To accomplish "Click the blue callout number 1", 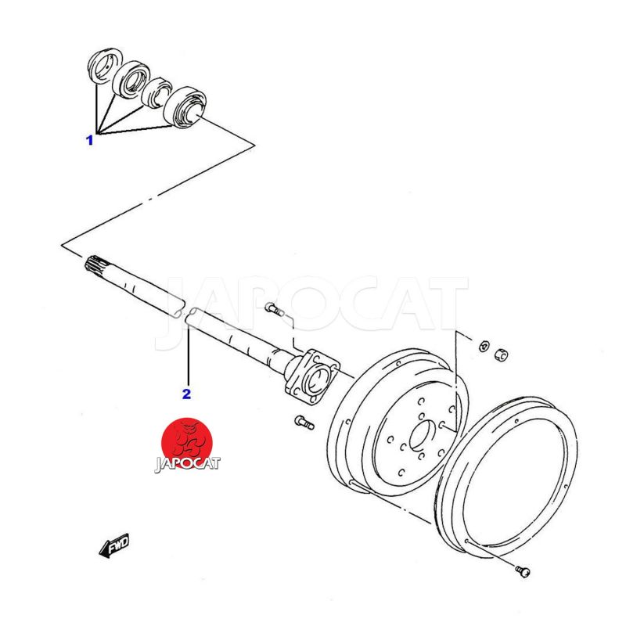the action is coord(90,140).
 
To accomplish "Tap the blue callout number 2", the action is coord(186,394).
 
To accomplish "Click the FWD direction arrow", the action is coord(114,545).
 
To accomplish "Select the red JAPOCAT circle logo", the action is coord(187,443).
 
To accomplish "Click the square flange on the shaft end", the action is coord(312,376).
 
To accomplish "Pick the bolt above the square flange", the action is coord(274,309).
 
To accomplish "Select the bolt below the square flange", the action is coord(304,423).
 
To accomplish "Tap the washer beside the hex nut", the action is coord(484,346).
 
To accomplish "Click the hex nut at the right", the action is coord(501,354).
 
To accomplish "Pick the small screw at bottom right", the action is coord(523,571).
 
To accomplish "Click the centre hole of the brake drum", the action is coord(422,434).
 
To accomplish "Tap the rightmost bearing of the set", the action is coord(185,107).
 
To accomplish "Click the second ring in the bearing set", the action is coord(131,80).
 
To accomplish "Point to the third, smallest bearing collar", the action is coord(157,93).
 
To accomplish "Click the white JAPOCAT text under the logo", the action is coord(187,463).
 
